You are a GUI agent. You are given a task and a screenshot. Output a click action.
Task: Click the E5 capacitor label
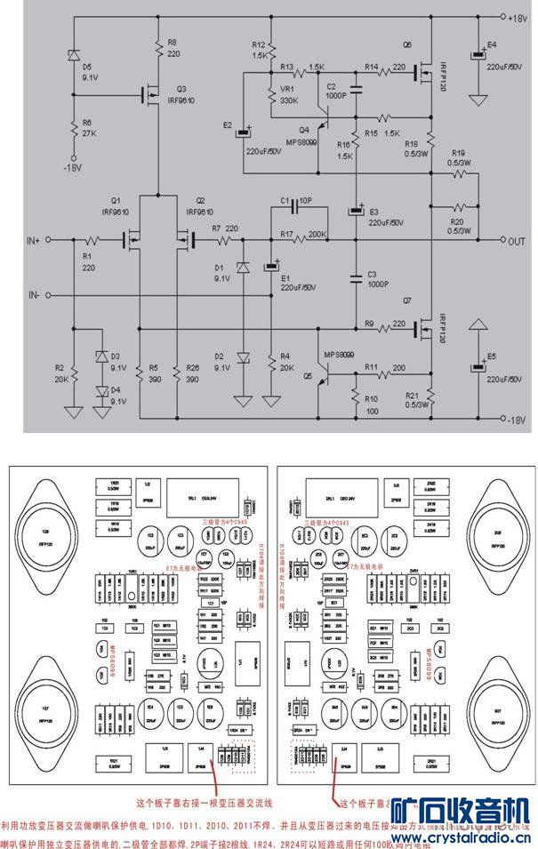[492, 356]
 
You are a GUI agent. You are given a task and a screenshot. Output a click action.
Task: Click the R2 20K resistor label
[60, 372]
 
